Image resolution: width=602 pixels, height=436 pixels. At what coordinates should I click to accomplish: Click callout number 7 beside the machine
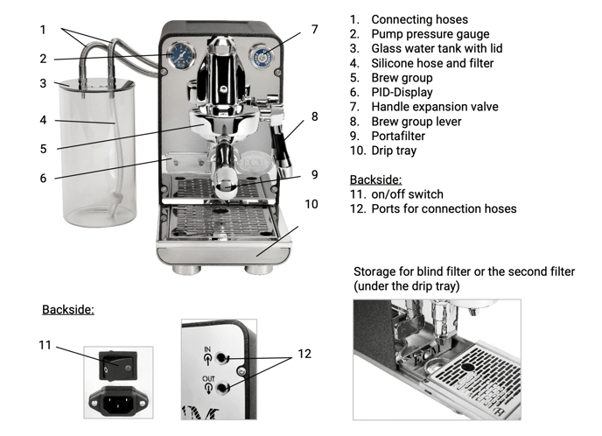[x=314, y=29]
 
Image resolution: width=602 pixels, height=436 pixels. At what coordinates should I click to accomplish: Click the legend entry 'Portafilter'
[x=400, y=136]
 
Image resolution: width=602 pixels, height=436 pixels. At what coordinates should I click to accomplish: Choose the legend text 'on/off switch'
[x=407, y=194]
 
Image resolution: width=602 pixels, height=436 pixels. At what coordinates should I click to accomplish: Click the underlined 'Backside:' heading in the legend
[x=374, y=179]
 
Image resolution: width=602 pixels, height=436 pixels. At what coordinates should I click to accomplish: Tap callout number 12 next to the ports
[x=304, y=355]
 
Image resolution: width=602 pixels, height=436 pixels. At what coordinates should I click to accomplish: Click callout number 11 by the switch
[x=45, y=345]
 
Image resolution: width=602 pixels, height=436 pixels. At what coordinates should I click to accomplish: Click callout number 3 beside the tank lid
[x=42, y=84]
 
